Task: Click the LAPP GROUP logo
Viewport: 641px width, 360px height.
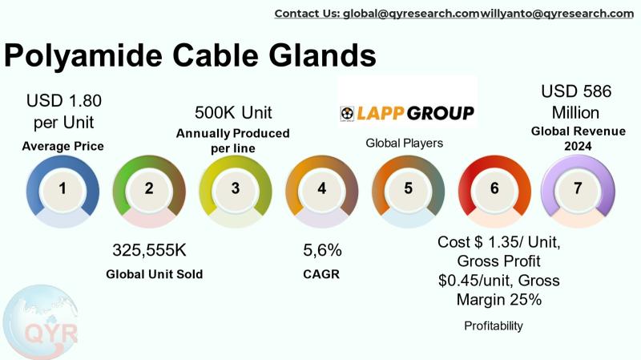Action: (407, 113)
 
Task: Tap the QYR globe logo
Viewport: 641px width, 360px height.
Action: (40, 322)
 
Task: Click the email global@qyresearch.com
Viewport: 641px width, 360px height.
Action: (411, 14)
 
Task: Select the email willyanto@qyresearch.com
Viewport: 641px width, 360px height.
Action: (557, 14)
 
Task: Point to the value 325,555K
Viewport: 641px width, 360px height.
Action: (149, 250)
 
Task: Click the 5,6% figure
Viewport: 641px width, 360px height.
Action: (322, 250)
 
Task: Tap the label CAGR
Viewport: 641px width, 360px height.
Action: (321, 273)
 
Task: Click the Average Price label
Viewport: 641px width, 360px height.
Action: (63, 146)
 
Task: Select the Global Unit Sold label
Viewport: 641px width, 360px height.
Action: (154, 273)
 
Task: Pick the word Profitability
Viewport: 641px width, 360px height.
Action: (494, 326)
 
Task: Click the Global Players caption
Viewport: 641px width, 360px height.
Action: (405, 143)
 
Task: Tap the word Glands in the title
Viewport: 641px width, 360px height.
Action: (322, 55)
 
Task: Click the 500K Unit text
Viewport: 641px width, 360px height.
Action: (233, 112)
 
